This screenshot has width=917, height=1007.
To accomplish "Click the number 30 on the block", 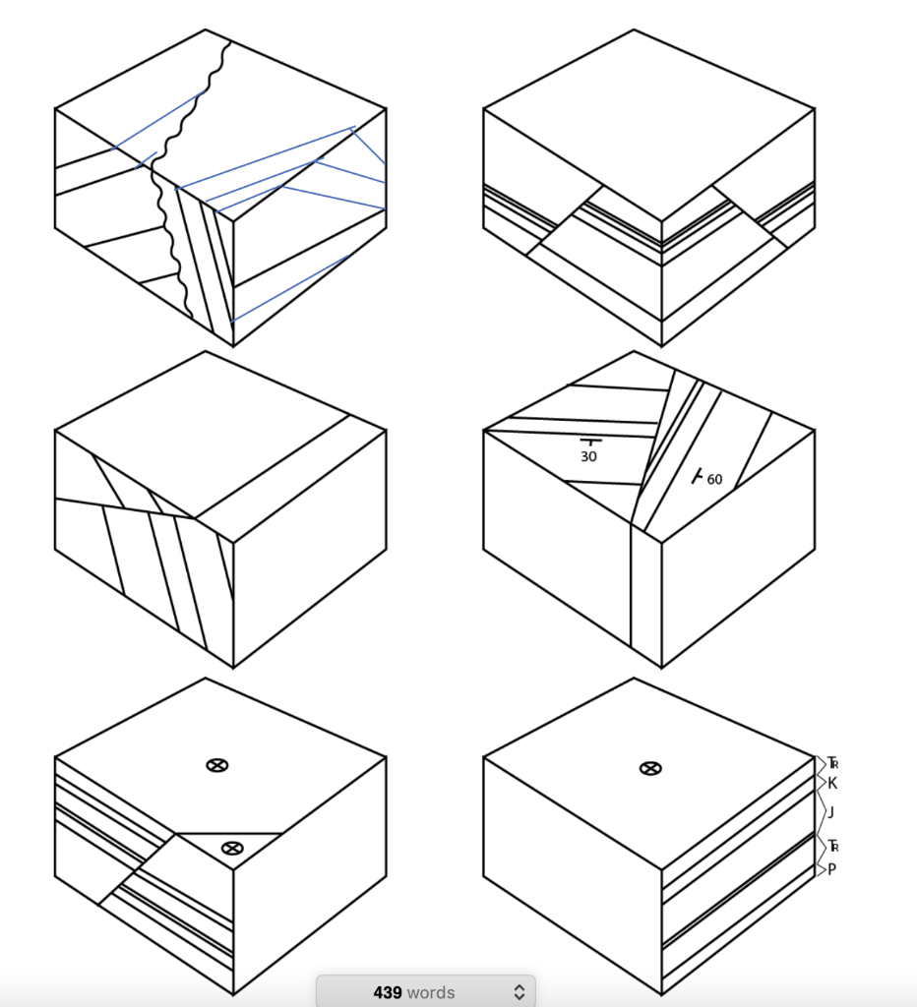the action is [588, 456].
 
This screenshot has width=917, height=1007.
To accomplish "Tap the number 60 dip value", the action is [714, 479].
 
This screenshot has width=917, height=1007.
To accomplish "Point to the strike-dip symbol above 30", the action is [590, 442].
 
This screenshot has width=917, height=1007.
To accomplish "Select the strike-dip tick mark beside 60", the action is [697, 476].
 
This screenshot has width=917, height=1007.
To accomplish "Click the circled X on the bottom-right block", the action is [650, 768].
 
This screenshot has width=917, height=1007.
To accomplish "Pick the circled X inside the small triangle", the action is [232, 849].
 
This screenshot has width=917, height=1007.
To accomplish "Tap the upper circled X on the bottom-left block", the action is [217, 765].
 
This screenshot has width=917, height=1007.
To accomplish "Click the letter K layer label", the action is [832, 784].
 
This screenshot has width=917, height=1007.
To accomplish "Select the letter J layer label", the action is [830, 812].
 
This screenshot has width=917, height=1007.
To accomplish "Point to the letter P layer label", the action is [831, 869].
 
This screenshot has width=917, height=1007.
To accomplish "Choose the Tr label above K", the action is [832, 763].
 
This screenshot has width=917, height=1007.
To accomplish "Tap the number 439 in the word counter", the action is [388, 992].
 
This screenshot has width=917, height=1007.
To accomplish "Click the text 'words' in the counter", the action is [431, 993].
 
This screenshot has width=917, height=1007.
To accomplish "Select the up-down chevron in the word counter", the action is [520, 992].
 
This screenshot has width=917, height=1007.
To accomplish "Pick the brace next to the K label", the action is [821, 782].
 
